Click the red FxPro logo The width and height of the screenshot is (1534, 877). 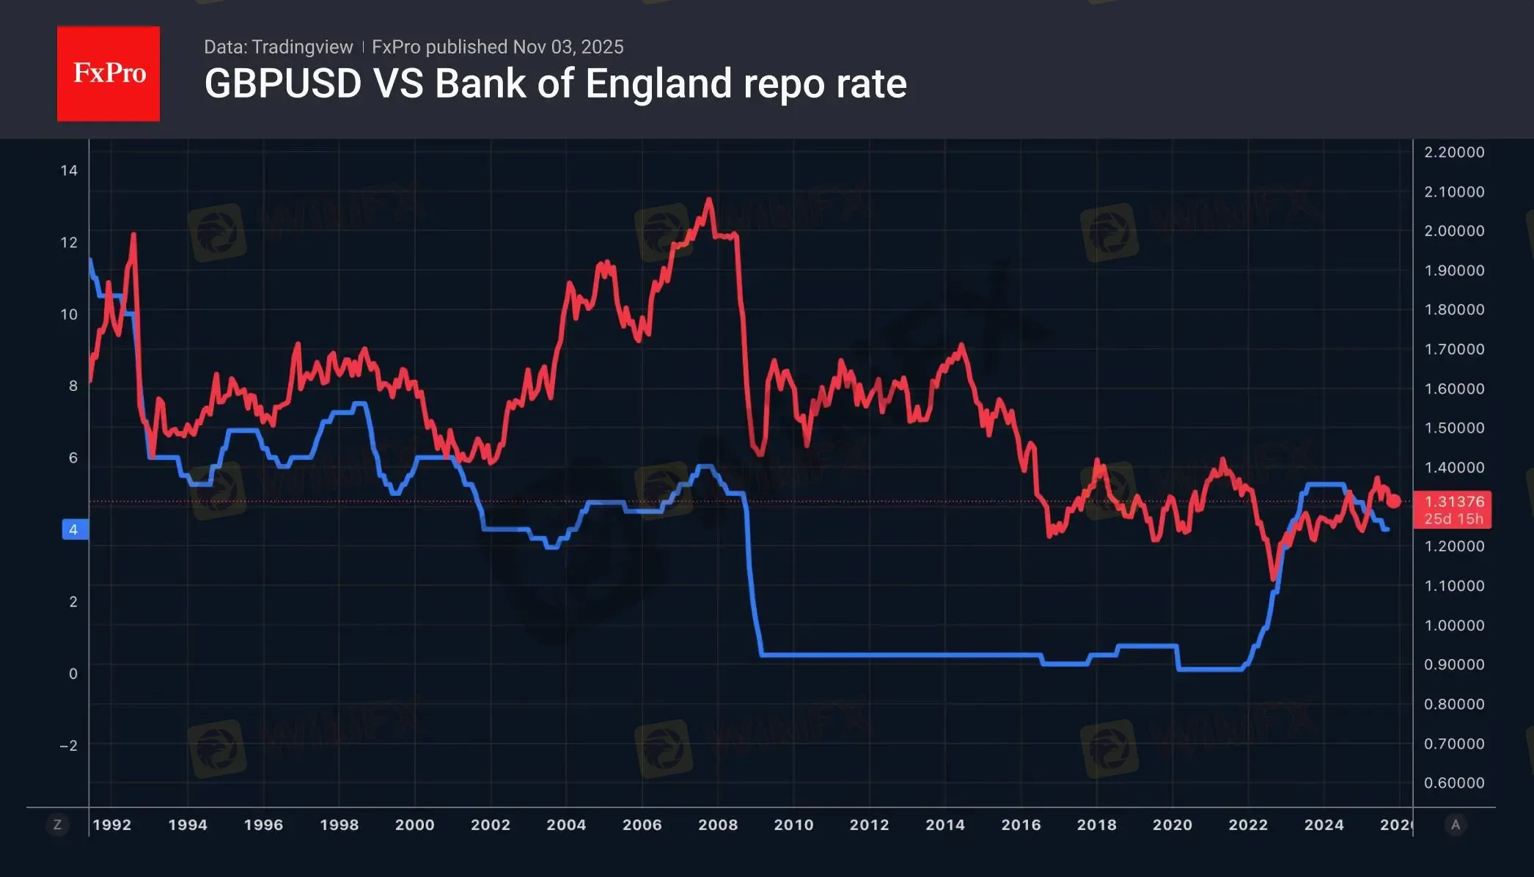[109, 73]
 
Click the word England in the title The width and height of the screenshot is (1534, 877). [658, 84]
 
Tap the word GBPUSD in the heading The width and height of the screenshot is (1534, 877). [283, 84]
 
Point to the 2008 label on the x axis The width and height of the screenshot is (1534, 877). [718, 825]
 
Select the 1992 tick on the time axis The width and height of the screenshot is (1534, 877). [112, 825]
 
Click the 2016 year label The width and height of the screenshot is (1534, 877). [1021, 825]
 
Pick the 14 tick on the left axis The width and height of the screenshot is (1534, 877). [69, 171]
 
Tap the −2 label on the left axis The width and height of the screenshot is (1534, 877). [68, 746]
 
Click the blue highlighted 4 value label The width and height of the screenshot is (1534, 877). [73, 529]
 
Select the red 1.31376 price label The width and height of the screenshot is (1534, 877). [1454, 502]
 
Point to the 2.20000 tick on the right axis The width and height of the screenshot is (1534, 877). [1454, 153]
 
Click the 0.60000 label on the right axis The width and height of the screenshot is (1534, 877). [1454, 783]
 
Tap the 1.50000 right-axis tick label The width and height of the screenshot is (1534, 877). [1454, 428]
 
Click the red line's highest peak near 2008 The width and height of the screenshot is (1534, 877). [708, 199]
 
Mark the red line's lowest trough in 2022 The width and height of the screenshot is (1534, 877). [1274, 578]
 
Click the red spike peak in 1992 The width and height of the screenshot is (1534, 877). [133, 235]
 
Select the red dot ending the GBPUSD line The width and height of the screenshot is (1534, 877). [1394, 502]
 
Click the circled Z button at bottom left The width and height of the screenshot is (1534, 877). [57, 825]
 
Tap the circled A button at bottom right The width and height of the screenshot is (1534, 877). [1456, 825]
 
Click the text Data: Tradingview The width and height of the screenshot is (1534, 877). [278, 47]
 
